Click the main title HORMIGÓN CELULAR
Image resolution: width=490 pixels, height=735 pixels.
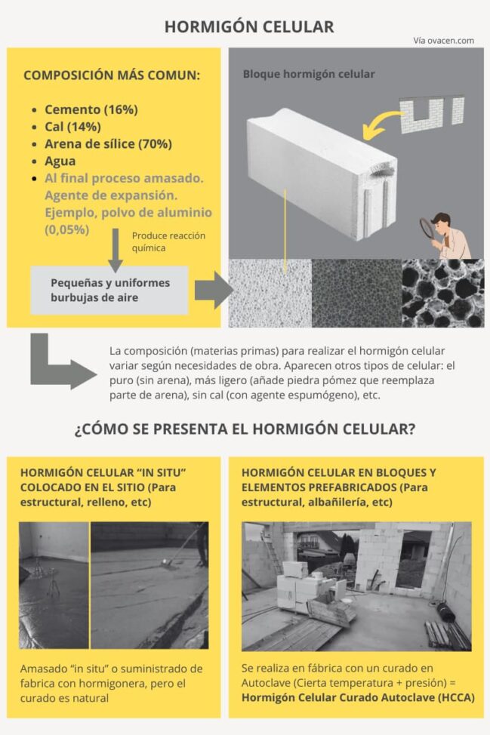(248, 27)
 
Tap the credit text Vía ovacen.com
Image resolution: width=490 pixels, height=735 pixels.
(443, 41)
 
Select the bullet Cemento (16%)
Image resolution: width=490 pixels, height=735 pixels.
(91, 109)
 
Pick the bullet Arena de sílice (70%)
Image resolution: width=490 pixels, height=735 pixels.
(108, 144)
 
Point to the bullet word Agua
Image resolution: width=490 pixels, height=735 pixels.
(60, 161)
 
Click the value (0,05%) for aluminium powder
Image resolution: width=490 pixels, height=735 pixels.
(67, 229)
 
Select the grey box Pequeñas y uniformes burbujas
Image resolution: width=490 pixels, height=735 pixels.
(109, 290)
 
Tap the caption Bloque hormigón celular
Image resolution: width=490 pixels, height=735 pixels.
(308, 74)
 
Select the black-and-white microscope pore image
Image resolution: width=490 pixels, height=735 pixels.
(442, 294)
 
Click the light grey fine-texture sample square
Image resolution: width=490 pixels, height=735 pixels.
(270, 294)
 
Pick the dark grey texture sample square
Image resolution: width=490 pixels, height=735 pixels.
(356, 294)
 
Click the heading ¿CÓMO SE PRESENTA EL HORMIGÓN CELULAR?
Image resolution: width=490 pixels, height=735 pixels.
(245, 430)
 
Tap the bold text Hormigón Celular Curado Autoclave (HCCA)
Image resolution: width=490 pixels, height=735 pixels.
(358, 697)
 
